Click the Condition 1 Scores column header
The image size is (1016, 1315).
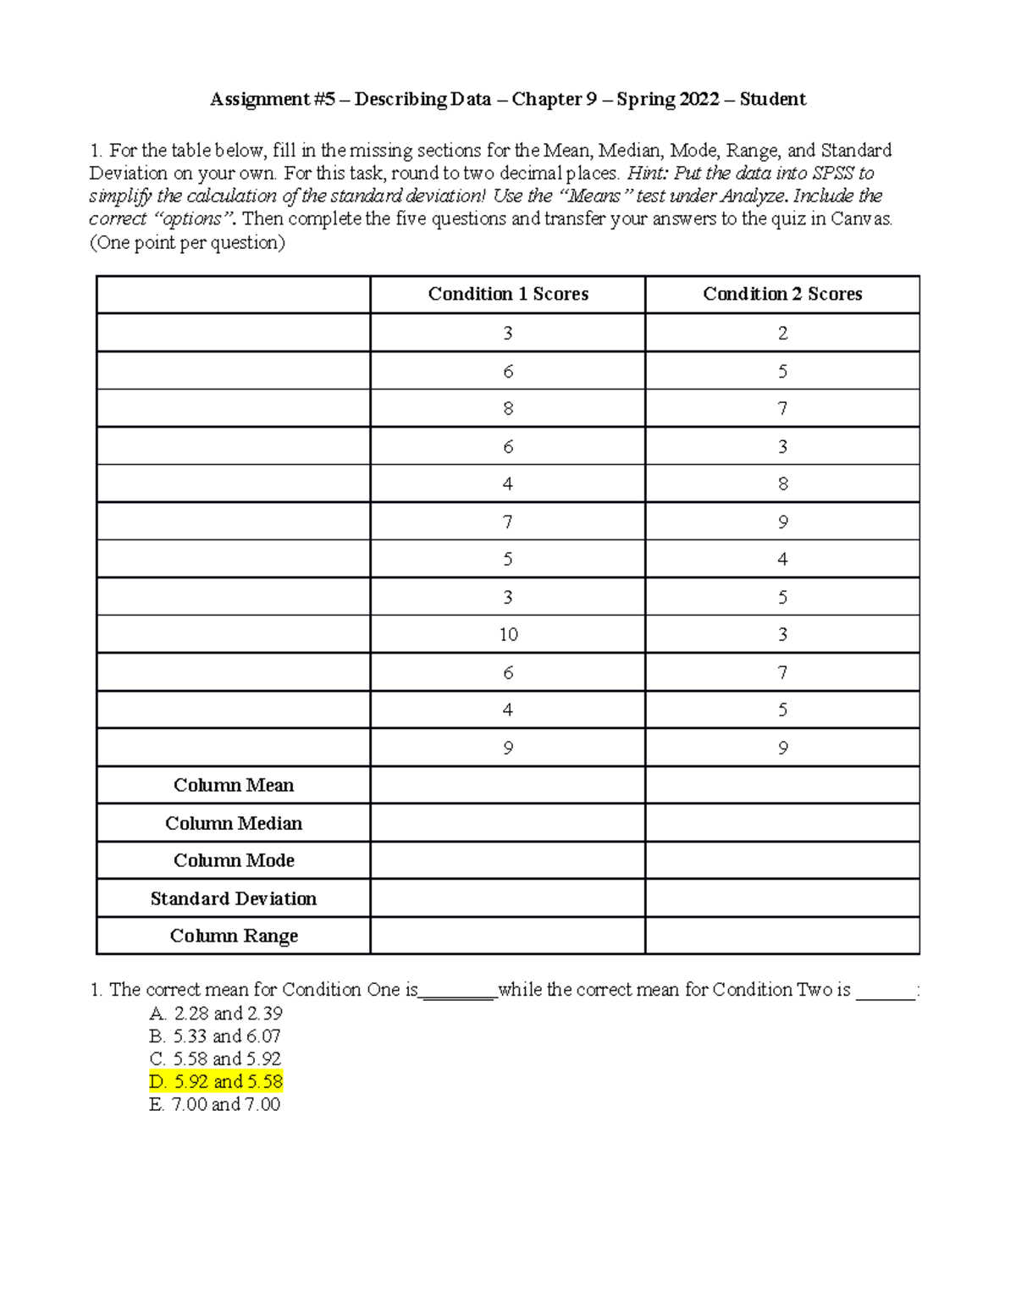tap(508, 294)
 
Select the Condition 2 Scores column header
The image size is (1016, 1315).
tap(782, 294)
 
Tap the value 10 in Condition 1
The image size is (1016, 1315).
tap(508, 635)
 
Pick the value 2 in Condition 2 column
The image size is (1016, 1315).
tap(782, 333)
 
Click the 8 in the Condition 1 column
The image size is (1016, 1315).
tap(508, 409)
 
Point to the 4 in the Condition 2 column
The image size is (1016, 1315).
tap(782, 560)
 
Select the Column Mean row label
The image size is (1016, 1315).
tap(234, 786)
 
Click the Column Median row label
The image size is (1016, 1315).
tap(234, 823)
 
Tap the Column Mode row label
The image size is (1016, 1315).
tap(234, 860)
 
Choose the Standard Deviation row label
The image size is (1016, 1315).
tap(234, 898)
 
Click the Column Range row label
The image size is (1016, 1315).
tap(234, 936)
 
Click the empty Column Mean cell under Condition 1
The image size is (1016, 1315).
tap(508, 786)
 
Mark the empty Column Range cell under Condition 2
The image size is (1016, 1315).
tap(782, 936)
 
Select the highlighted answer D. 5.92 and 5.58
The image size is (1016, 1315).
tap(216, 1081)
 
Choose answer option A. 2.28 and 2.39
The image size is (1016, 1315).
tap(216, 1014)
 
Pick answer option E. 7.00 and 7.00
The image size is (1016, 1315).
tap(214, 1104)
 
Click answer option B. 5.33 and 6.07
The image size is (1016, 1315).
tap(215, 1036)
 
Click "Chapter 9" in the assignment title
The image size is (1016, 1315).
tap(554, 100)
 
